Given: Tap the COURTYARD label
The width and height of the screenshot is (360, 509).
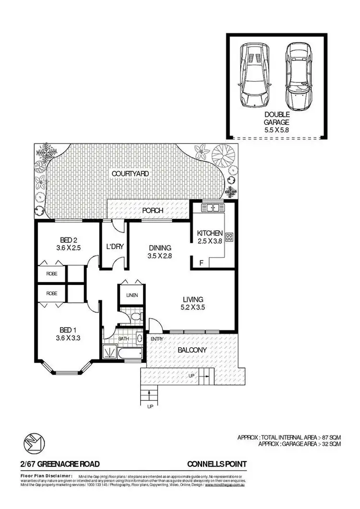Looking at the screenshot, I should (x=130, y=173).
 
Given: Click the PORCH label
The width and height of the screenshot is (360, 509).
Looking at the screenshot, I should (x=153, y=211).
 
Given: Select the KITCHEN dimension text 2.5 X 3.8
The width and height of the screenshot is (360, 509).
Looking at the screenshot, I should (x=210, y=241).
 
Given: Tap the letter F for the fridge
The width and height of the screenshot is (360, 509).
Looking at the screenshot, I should (x=201, y=262).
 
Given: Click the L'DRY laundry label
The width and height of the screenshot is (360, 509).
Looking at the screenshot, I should (x=115, y=247).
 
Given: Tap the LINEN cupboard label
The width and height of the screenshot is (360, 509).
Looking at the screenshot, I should (x=132, y=296).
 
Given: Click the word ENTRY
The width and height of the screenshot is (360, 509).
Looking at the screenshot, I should (x=156, y=340).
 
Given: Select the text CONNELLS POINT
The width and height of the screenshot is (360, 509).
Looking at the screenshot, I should (x=216, y=464).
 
